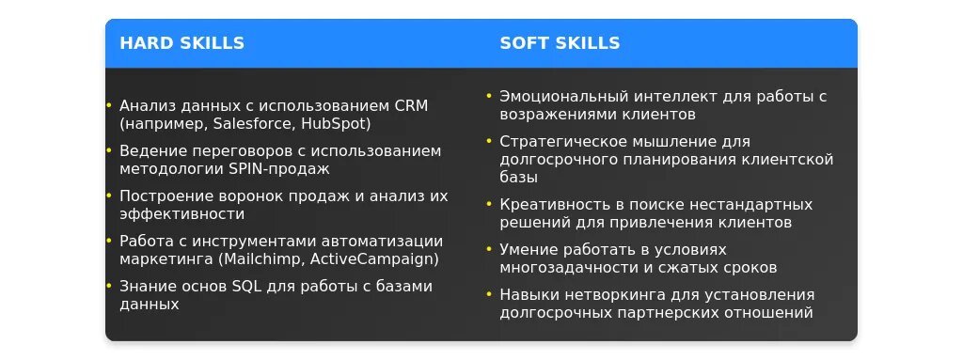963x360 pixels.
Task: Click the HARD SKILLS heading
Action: pos(182,43)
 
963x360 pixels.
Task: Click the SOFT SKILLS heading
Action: pos(560,43)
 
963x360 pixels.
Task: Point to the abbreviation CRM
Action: pos(410,105)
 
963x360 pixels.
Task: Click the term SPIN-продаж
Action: pos(278,169)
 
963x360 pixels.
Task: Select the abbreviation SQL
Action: pos(245,287)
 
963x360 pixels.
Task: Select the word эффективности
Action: pos(182,214)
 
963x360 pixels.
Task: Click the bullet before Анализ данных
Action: pos(109,105)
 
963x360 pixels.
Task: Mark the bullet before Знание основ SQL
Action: pos(109,287)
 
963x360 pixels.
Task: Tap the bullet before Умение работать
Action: pos(489,249)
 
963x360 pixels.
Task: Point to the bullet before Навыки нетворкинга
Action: pos(489,295)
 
